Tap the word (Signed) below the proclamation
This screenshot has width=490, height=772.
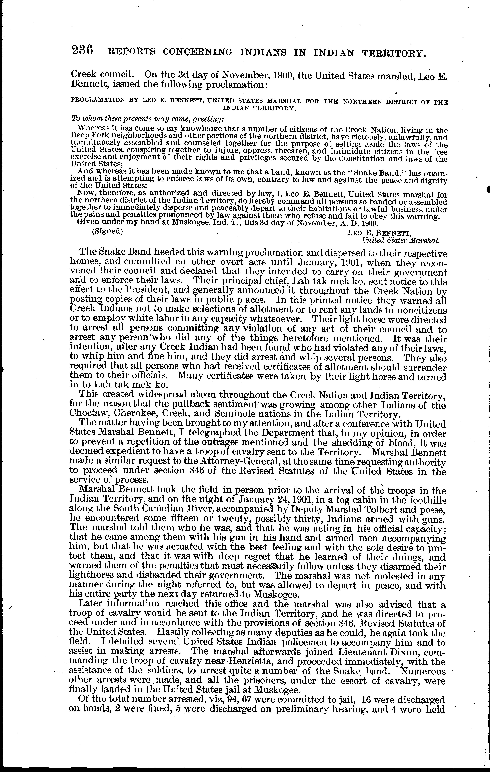107,231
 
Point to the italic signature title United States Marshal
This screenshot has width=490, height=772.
400,240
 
